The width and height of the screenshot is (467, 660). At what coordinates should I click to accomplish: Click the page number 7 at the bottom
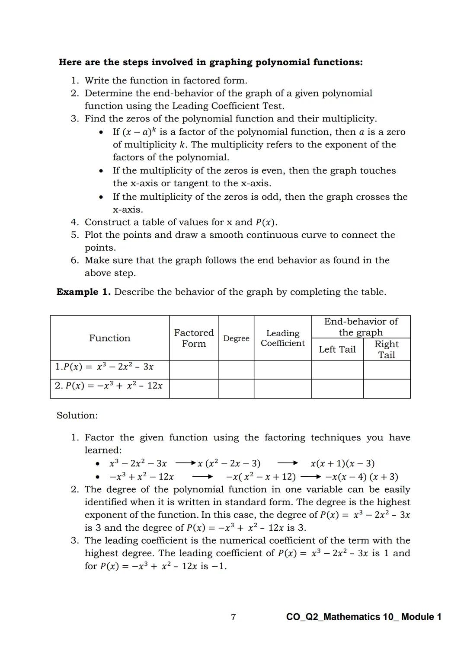(x=233, y=617)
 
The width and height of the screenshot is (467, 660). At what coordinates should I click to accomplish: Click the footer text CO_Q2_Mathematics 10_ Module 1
(x=364, y=617)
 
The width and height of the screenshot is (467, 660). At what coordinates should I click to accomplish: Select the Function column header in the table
(x=109, y=338)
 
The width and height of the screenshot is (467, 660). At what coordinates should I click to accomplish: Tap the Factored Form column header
(x=194, y=338)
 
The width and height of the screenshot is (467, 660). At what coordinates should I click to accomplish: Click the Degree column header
(x=236, y=338)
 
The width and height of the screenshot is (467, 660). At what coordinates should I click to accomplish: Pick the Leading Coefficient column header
(x=282, y=338)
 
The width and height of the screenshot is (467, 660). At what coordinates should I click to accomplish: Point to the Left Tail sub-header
(x=337, y=349)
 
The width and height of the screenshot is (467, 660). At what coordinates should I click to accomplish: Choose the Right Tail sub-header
(x=386, y=349)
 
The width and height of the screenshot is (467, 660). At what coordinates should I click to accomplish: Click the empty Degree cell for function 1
(x=236, y=370)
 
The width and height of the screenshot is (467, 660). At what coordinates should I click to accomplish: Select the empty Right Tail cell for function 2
(x=386, y=389)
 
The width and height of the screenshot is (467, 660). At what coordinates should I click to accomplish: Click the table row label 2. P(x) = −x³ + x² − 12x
(x=109, y=386)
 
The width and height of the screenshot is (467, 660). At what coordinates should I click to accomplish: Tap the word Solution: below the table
(x=77, y=415)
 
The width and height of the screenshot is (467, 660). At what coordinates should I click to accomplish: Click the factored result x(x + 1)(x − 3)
(x=342, y=463)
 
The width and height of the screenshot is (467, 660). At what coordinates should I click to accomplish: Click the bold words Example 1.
(x=83, y=292)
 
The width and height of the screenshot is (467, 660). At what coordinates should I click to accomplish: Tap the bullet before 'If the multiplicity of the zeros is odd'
(x=101, y=197)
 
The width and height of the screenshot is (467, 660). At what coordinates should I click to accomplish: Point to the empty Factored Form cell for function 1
(x=194, y=370)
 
